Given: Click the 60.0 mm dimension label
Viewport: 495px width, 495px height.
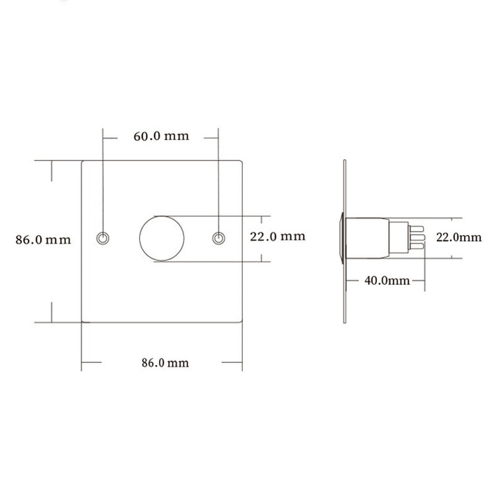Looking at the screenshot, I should click(x=161, y=137).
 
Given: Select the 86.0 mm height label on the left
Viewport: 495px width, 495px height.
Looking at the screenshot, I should click(x=44, y=240).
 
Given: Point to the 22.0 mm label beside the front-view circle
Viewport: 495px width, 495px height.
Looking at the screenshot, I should click(x=277, y=236).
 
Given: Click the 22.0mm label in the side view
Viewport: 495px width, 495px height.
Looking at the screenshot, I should click(x=459, y=237).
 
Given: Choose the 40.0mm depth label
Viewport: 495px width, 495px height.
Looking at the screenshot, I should click(x=387, y=280).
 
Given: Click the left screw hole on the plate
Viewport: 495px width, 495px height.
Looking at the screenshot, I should click(x=103, y=238).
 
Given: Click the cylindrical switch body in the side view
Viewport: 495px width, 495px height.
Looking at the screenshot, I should click(x=369, y=238).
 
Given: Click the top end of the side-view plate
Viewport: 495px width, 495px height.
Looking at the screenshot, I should click(x=345, y=162).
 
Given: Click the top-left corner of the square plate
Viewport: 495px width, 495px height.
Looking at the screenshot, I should click(x=82, y=161).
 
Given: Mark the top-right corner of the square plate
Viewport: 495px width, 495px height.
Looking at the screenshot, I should click(x=242, y=161).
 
